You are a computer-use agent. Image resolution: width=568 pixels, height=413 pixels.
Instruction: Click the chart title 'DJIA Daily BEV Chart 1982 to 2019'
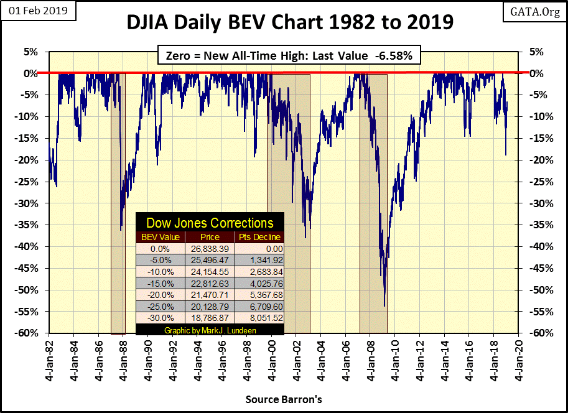click(x=290, y=22)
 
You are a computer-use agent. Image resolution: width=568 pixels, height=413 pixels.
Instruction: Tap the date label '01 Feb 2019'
click(x=38, y=11)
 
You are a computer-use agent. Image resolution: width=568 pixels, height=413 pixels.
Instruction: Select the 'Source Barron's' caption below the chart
click(x=283, y=399)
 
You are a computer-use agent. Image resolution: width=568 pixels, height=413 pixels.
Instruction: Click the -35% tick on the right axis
click(x=538, y=225)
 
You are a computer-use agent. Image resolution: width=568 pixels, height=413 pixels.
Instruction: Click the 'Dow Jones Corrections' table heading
click(x=210, y=223)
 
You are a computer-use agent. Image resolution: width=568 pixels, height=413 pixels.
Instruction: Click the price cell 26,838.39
click(x=210, y=248)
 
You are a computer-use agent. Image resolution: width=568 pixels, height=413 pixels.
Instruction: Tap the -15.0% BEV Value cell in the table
click(x=161, y=282)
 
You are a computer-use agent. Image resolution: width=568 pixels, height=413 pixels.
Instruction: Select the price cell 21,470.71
click(x=210, y=294)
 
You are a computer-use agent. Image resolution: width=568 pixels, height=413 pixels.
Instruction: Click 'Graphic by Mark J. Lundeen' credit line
click(x=210, y=329)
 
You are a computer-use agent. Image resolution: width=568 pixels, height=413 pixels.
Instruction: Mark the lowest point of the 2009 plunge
click(x=384, y=306)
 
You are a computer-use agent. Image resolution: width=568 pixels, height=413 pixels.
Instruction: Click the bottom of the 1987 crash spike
click(x=121, y=230)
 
